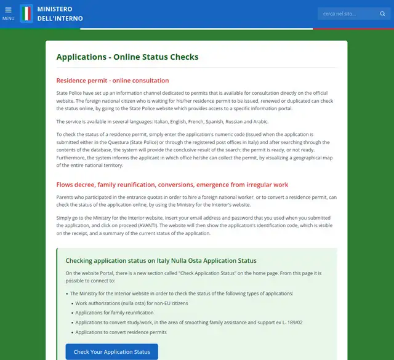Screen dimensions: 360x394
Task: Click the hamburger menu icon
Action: pos(8,10)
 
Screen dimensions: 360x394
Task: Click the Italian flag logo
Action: pos(26,14)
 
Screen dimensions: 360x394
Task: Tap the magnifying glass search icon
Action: pos(382,14)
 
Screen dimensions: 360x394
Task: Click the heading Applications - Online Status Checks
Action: pos(127,57)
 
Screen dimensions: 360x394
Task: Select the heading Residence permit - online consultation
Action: pos(112,81)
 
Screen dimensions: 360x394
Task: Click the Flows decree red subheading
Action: pos(172,185)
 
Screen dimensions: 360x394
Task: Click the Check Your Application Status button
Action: pos(111,352)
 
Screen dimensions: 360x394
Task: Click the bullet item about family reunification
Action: pos(114,313)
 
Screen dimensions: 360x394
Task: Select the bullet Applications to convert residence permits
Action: pos(121,332)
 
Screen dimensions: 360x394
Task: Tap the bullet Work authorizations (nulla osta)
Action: pos(131,303)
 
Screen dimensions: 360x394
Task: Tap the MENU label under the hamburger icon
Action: pos(8,18)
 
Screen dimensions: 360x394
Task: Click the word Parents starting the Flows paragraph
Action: pos(65,197)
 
